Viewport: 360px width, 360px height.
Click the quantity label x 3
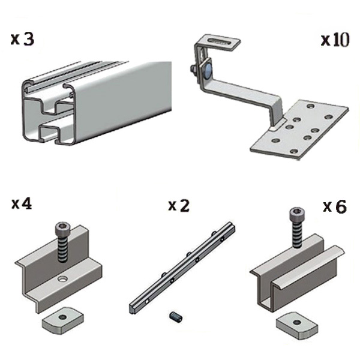pos(22,39)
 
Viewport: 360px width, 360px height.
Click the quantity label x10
pos(335,40)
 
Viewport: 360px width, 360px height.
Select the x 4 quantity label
pos(22,203)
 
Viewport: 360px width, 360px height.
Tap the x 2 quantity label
pos(179,205)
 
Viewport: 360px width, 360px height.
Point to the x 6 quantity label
pos(335,206)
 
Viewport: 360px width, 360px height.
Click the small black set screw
pos(176,316)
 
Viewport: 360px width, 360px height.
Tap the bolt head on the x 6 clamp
pos(296,212)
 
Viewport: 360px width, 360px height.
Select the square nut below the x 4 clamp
pos(62,320)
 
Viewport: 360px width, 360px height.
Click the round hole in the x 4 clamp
pos(62,279)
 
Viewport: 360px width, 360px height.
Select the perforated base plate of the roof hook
pos(299,130)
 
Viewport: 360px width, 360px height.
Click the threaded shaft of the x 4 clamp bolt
pos(62,248)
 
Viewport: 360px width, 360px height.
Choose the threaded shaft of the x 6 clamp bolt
pos(296,233)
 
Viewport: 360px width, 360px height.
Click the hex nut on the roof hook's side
pos(194,69)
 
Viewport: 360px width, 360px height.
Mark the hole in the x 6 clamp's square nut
pos(298,322)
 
